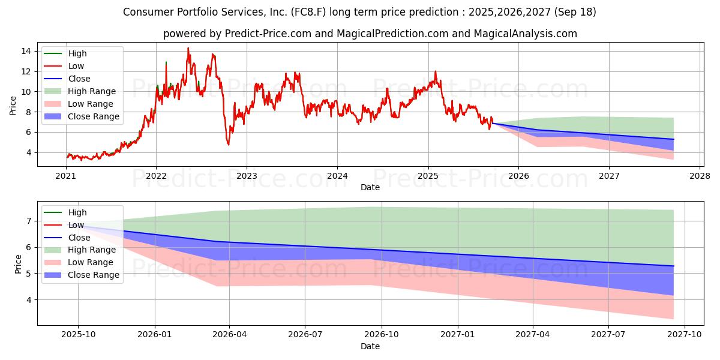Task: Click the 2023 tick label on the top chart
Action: (247, 176)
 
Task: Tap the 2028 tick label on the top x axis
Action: (700, 176)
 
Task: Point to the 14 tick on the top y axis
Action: (26, 51)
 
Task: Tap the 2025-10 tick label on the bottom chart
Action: (78, 334)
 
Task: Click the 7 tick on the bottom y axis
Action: (29, 221)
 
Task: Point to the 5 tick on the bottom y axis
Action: (29, 274)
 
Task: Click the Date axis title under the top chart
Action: (370, 187)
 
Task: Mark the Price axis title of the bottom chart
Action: (17, 264)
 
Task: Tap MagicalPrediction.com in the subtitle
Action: (388, 34)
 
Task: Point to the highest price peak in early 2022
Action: (188, 48)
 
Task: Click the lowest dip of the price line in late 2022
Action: (228, 145)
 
